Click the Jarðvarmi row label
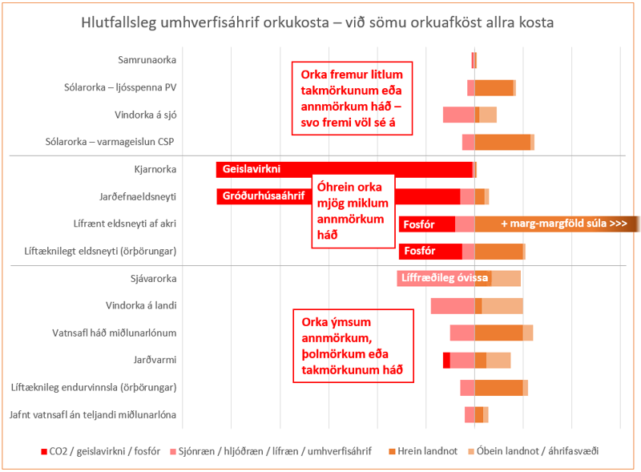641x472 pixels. tap(156, 360)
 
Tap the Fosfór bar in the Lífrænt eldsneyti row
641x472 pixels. tap(426, 224)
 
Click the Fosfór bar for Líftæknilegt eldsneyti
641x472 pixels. tap(430, 252)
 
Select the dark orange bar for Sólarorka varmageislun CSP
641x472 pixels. tap(502, 142)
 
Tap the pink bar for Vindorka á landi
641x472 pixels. tap(453, 305)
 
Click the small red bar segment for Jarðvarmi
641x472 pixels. tap(446, 360)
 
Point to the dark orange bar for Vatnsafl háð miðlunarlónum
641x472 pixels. tap(498, 333)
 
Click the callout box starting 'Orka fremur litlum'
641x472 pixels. tap(351, 99)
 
